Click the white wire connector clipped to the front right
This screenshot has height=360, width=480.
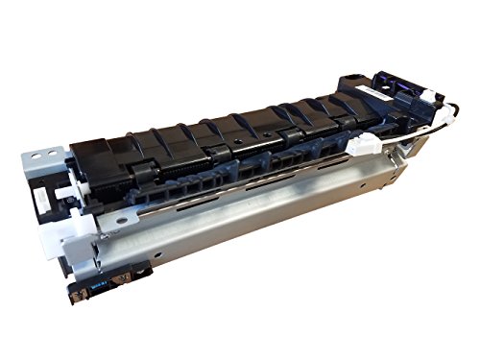pyautogui.click(x=363, y=148)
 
